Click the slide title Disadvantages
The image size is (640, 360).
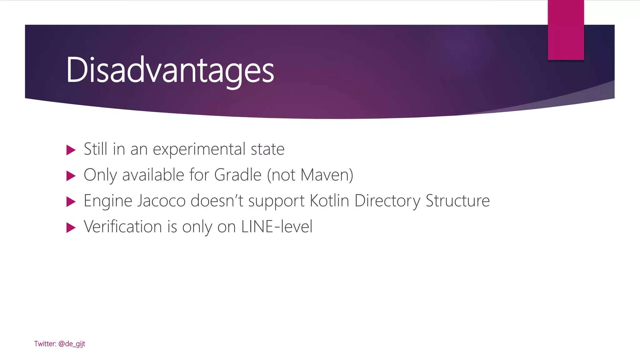coord(170,70)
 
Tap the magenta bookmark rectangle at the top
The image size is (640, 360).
coord(566,30)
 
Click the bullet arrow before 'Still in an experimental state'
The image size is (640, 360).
coord(71,150)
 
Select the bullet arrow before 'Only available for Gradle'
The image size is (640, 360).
coord(71,176)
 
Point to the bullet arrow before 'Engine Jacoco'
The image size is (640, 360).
coord(71,202)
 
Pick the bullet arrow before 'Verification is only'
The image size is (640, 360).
coord(71,227)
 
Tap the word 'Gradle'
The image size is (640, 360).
coord(237,175)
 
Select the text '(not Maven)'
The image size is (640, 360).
coord(310,175)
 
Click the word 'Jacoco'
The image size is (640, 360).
coord(161,201)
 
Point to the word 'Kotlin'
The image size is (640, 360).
coord(329,201)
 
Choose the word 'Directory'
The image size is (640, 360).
coord(387,201)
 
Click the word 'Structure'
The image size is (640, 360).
coord(457,201)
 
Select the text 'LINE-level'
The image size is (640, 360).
coord(277,227)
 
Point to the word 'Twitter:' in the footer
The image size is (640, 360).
coord(45,344)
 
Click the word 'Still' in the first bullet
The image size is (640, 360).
coord(96,149)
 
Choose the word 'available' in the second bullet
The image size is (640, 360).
coord(153,175)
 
